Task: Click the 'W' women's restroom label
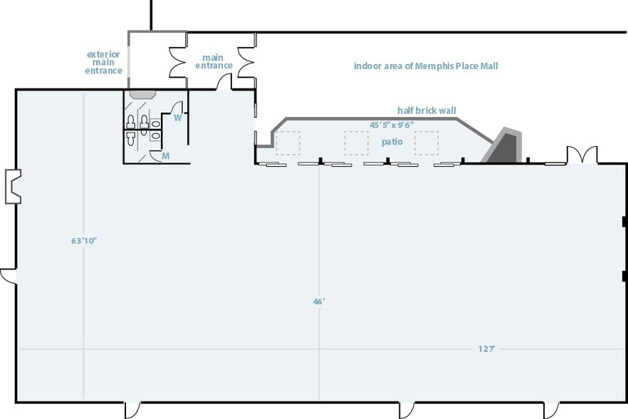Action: point(178,118)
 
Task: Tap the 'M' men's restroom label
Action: point(165,155)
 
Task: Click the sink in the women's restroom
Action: point(155,123)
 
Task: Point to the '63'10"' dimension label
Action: point(85,241)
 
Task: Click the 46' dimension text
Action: point(319,301)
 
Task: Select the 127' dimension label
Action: point(486,349)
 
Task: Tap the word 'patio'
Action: point(392,142)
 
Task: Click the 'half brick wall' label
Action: point(426,110)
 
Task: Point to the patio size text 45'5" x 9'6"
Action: point(392,125)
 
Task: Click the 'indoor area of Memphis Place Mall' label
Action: point(426,66)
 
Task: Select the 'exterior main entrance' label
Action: point(103,62)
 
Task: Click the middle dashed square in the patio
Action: point(357,143)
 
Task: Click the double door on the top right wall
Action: point(582,155)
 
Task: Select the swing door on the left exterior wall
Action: point(8,276)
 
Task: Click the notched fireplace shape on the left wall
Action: point(13,187)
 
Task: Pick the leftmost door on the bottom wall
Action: point(132,410)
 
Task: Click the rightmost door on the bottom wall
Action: point(551,410)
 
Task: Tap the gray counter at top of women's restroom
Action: point(142,94)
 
